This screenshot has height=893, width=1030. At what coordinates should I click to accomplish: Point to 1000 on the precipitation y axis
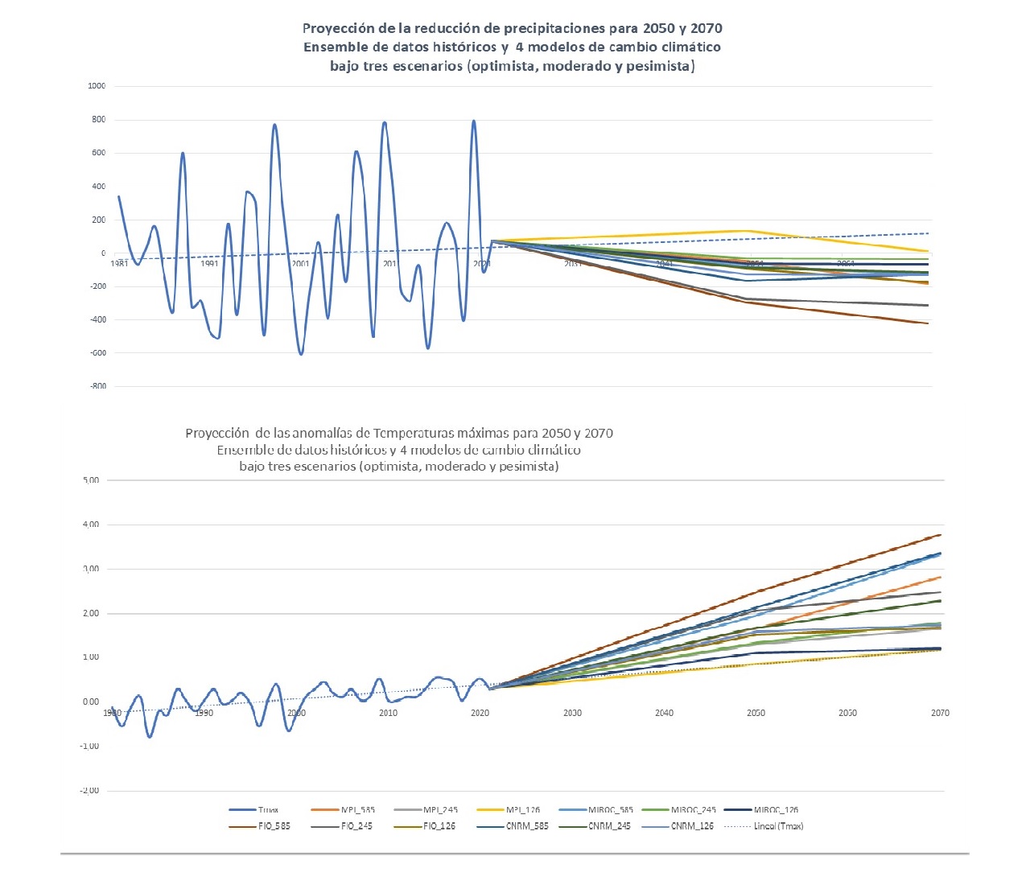[97, 86]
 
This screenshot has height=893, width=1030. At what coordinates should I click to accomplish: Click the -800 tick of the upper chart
[97, 386]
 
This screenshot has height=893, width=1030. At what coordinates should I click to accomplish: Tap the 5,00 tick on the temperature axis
[91, 480]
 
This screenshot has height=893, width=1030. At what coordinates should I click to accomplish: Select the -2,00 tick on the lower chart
[89, 791]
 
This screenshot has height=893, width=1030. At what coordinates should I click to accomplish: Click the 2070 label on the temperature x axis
[940, 713]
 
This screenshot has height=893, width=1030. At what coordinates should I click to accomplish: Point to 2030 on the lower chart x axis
[572, 713]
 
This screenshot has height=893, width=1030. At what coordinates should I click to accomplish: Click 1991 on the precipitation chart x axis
[210, 264]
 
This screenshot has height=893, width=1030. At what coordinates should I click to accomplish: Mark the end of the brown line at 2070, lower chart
[940, 535]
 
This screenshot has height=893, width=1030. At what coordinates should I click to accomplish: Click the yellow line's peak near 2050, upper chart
[750, 231]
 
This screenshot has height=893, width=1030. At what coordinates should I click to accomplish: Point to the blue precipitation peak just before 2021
[473, 121]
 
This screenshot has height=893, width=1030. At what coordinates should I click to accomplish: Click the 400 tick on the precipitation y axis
[98, 187]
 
